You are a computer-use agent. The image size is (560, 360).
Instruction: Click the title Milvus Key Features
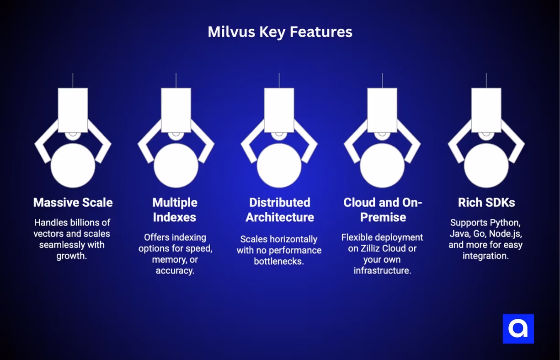click(280, 32)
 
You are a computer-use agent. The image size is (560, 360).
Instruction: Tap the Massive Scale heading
click(73, 203)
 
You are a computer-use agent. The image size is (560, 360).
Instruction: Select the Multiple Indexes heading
click(175, 210)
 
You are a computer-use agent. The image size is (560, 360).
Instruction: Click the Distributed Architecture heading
click(280, 210)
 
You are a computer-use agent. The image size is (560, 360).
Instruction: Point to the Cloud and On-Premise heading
click(383, 210)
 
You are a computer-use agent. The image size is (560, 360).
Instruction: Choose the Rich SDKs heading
click(486, 203)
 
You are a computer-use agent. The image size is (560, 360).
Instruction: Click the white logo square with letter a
click(518, 328)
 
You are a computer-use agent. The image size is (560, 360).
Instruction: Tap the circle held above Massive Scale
click(73, 166)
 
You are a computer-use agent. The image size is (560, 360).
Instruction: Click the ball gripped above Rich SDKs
click(486, 166)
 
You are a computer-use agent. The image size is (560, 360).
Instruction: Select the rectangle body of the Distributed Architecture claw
click(279, 110)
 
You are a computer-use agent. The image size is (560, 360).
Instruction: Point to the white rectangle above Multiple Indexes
click(176, 110)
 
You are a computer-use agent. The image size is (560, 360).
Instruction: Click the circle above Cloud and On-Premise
click(382, 166)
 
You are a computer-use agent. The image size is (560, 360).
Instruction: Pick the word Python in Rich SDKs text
click(504, 223)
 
